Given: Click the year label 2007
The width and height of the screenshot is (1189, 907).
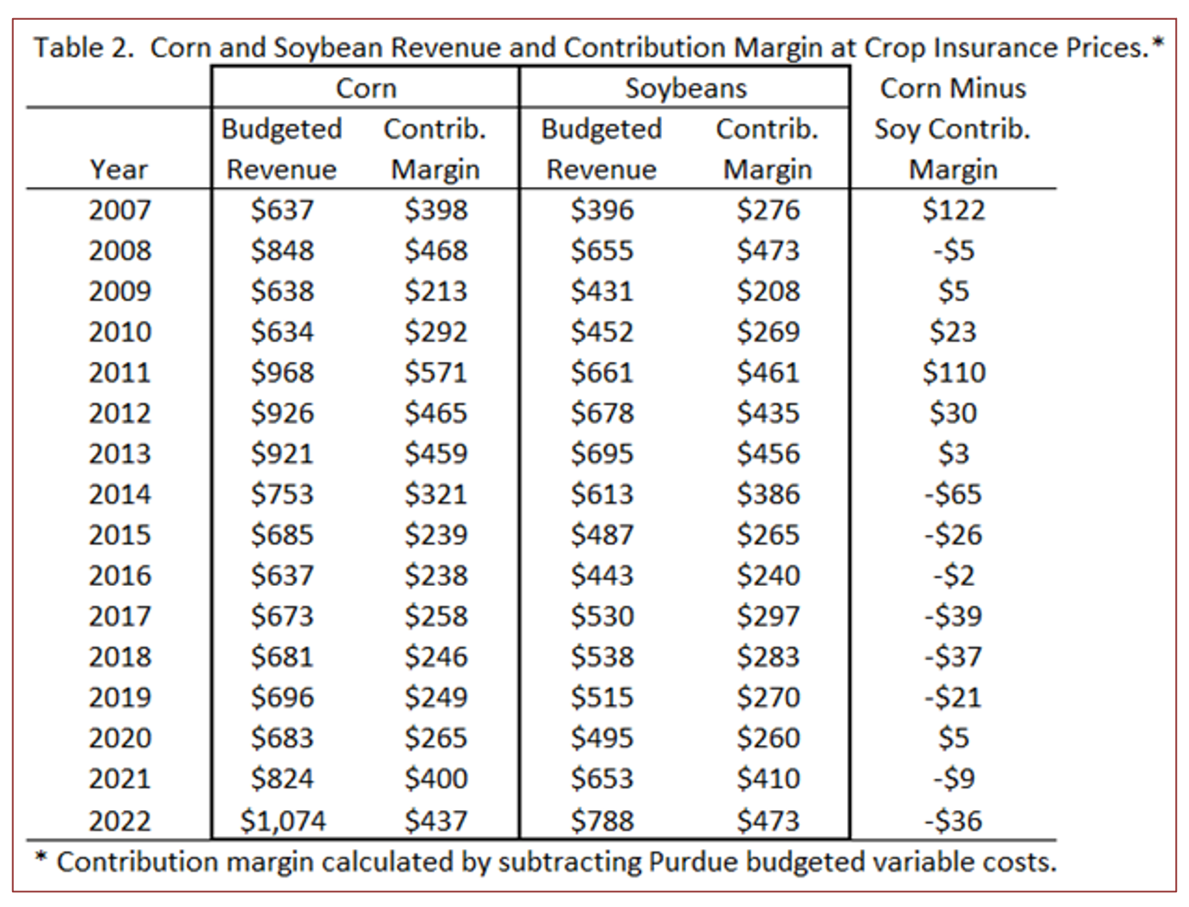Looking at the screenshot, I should point(119,210).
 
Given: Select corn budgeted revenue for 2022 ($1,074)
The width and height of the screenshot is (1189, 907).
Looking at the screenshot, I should point(282,820).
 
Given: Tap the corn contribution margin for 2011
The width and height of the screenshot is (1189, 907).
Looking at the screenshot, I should point(435,372).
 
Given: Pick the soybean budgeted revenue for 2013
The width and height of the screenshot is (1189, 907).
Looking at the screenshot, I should point(601,453).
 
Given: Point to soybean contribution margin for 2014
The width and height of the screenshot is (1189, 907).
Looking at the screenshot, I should point(768,494).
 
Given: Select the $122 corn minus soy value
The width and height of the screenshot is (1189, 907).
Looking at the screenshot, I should point(953,210).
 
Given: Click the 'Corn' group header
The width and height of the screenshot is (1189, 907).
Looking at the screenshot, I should point(365,88).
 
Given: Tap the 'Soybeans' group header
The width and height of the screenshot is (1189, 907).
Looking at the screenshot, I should point(685,88).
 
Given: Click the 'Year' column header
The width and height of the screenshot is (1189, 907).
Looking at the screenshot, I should point(119,170).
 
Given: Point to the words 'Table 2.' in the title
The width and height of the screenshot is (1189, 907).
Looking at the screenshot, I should point(84,48).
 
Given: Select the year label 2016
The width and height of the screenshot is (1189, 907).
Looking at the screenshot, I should point(119,576).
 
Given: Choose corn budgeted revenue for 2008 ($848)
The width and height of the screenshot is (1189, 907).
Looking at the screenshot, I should point(282,251).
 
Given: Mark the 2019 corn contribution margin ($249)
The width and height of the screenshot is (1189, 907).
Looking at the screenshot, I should point(435,698).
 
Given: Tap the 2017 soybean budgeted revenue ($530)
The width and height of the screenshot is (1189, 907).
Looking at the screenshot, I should point(601,616).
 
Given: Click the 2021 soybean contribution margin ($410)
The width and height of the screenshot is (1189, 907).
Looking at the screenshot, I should point(768,779).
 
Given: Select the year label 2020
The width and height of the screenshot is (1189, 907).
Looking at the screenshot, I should point(119,738).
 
